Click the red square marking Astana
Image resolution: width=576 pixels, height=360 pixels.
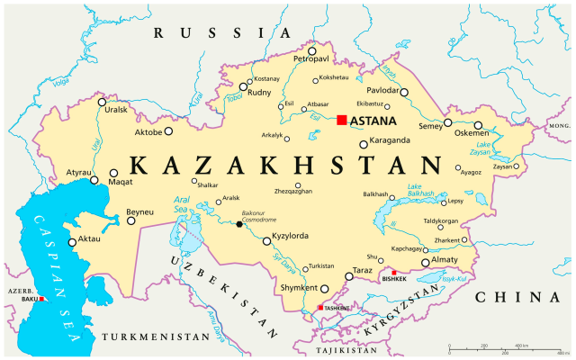(342, 120)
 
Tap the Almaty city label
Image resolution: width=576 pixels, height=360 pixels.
(451, 259)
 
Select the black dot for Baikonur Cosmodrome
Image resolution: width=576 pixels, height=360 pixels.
(239, 224)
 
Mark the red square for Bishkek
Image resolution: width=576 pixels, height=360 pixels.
(394, 272)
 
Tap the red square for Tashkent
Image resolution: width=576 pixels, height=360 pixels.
(319, 308)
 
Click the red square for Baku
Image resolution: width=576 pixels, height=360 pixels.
(40, 300)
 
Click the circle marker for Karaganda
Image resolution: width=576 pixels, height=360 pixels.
(363, 144)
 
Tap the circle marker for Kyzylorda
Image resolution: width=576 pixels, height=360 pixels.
(265, 240)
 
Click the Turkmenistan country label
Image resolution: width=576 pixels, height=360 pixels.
(149, 336)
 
